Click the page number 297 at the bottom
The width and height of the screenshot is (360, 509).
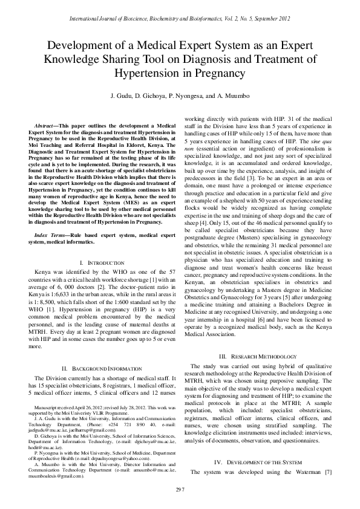click(180, 488)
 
